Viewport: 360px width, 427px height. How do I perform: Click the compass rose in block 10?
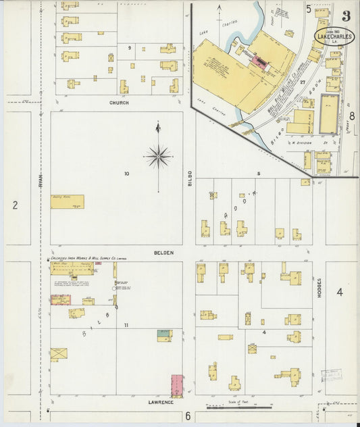click(158, 156)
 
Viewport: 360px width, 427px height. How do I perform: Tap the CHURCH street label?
click(119, 103)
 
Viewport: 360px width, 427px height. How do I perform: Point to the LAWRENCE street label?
click(161, 402)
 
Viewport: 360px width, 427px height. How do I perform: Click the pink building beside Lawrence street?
click(176, 386)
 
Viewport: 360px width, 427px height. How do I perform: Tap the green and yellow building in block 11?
click(164, 334)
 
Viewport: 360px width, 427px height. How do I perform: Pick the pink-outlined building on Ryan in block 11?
click(60, 299)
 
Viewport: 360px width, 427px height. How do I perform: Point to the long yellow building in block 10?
click(67, 201)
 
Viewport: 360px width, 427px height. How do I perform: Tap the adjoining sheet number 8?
click(351, 116)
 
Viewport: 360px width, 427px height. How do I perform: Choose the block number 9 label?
click(128, 49)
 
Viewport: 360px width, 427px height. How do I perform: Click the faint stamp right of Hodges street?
click(332, 376)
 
